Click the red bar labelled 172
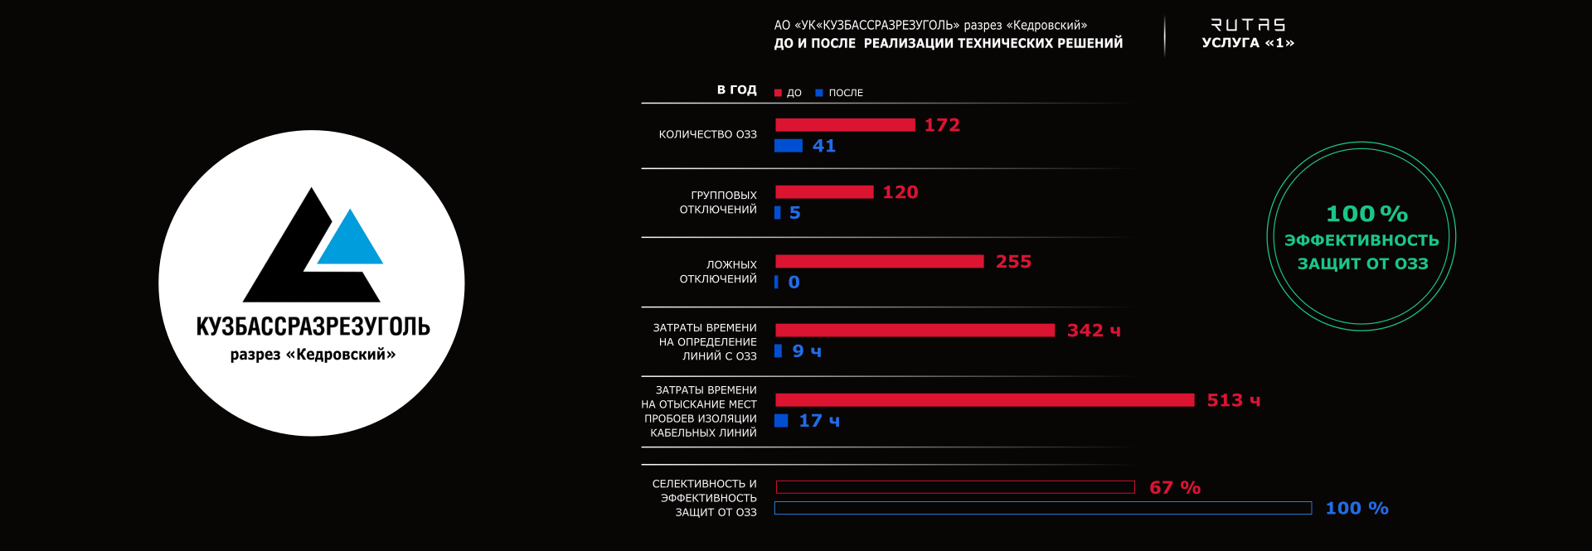tap(845, 125)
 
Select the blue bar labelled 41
tap(789, 146)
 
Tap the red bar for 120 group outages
tap(824, 192)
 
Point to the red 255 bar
tap(879, 262)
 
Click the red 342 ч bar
tap(915, 331)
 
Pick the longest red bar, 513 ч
tap(984, 400)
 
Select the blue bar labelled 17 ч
tap(781, 421)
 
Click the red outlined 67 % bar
tap(955, 487)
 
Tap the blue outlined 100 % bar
tap(1043, 508)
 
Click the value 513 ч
tap(1233, 401)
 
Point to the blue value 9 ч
tap(806, 351)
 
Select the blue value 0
tap(794, 283)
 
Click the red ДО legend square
tap(778, 93)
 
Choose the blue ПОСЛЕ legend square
tap(819, 93)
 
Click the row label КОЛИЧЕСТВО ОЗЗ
tap(707, 134)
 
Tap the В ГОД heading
tap(736, 89)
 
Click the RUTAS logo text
tap(1248, 26)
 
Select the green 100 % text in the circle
tap(1366, 215)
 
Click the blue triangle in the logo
tap(350, 240)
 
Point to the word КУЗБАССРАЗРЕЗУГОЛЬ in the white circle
tap(313, 326)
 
